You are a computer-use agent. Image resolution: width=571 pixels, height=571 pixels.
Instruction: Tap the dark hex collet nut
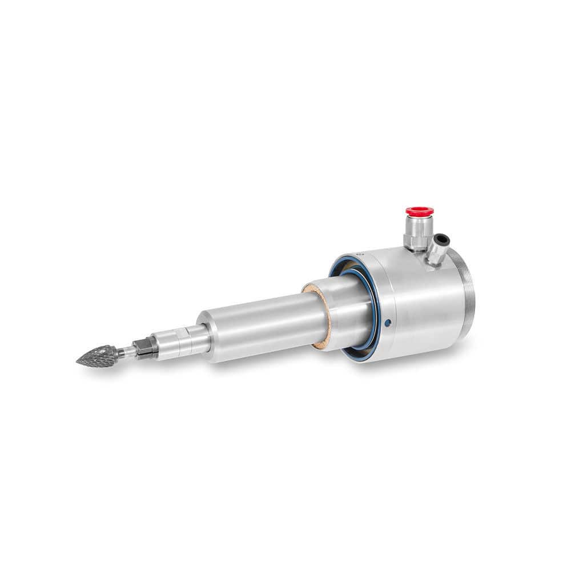pos(146,348)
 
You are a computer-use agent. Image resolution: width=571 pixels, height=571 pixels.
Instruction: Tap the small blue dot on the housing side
pos(388,323)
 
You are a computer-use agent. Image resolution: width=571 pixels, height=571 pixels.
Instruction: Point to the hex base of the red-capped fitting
pos(417,240)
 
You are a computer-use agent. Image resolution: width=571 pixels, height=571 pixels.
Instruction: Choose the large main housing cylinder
pos(417,303)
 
